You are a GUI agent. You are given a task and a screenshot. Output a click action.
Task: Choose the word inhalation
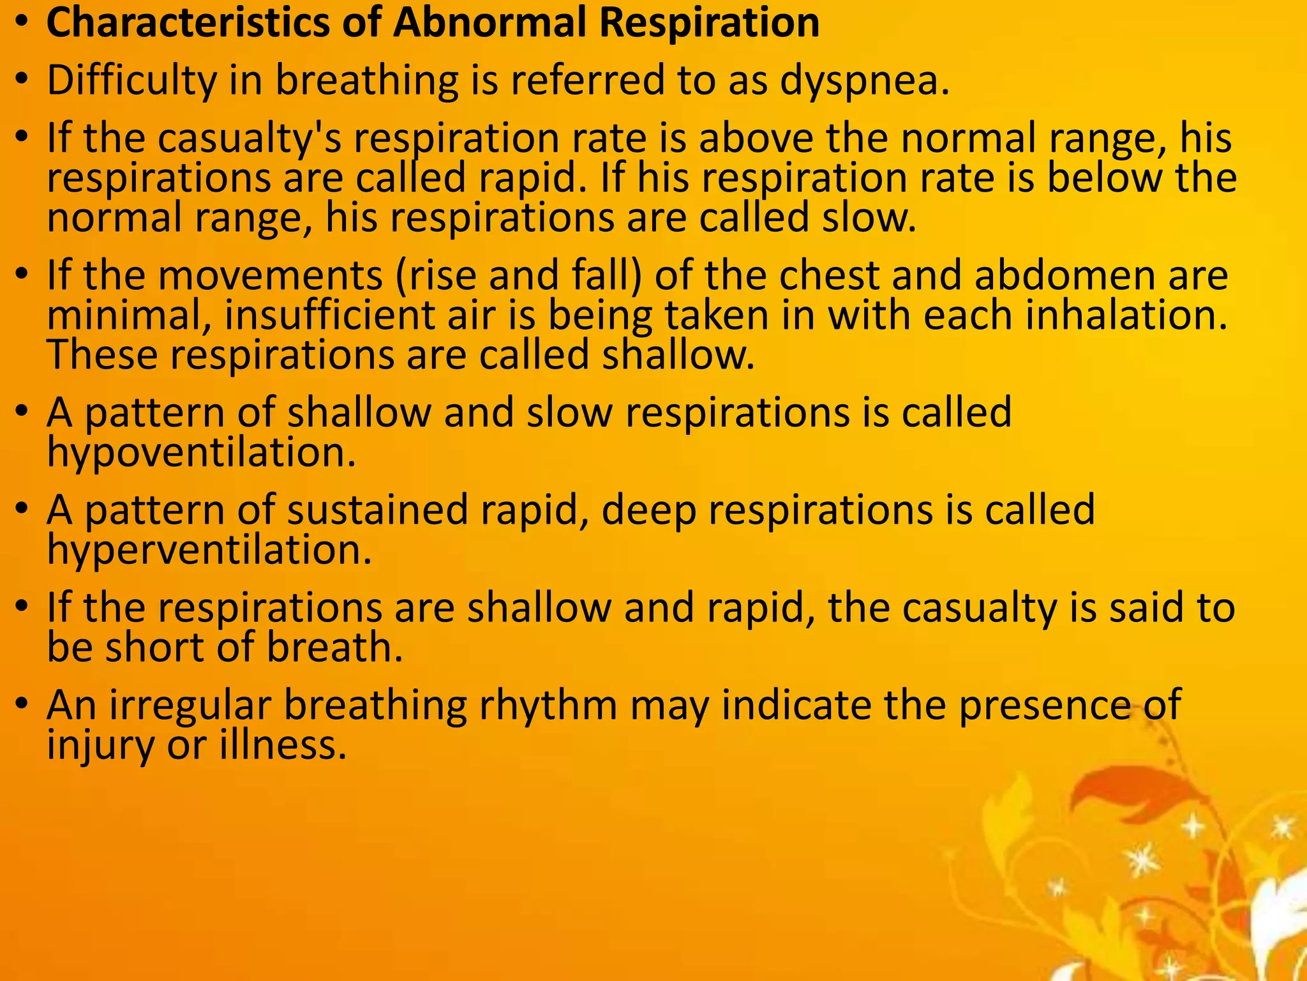point(1126,316)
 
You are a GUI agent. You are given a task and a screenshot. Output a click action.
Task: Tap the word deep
point(648,512)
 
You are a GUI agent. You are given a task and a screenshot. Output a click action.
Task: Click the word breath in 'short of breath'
point(334,648)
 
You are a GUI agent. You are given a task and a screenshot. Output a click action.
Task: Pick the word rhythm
point(548,706)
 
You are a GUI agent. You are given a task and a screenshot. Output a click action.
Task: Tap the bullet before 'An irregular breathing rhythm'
point(23,704)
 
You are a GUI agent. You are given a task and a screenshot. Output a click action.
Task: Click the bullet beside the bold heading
point(23,24)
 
